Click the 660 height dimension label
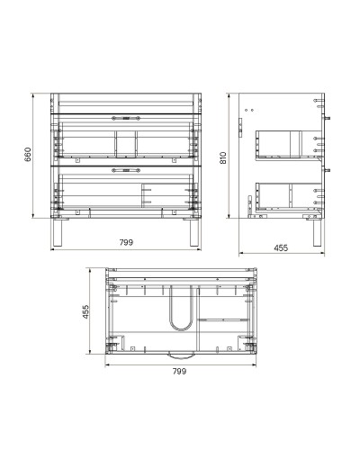click(27, 154)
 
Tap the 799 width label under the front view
click(124, 240)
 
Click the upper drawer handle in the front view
click(126, 118)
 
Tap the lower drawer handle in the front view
click(126, 168)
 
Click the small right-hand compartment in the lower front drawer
click(166, 196)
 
